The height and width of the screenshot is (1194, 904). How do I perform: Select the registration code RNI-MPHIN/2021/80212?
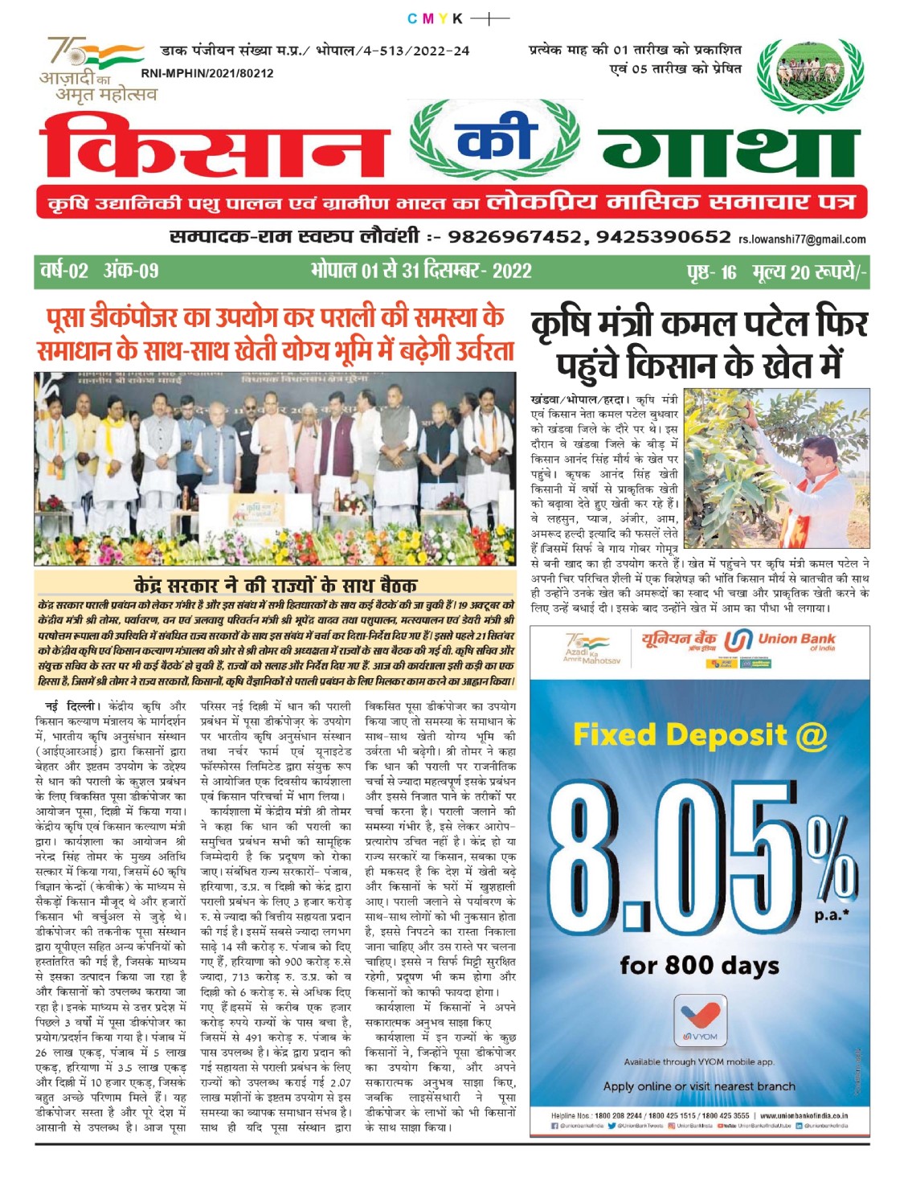(x=207, y=73)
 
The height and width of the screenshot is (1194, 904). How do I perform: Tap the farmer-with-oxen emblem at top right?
(x=810, y=74)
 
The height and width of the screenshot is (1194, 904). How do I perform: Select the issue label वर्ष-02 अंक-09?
(x=100, y=271)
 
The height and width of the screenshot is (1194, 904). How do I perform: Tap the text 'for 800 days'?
(x=699, y=965)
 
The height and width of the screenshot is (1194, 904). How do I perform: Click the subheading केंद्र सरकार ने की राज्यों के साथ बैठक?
(x=275, y=584)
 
